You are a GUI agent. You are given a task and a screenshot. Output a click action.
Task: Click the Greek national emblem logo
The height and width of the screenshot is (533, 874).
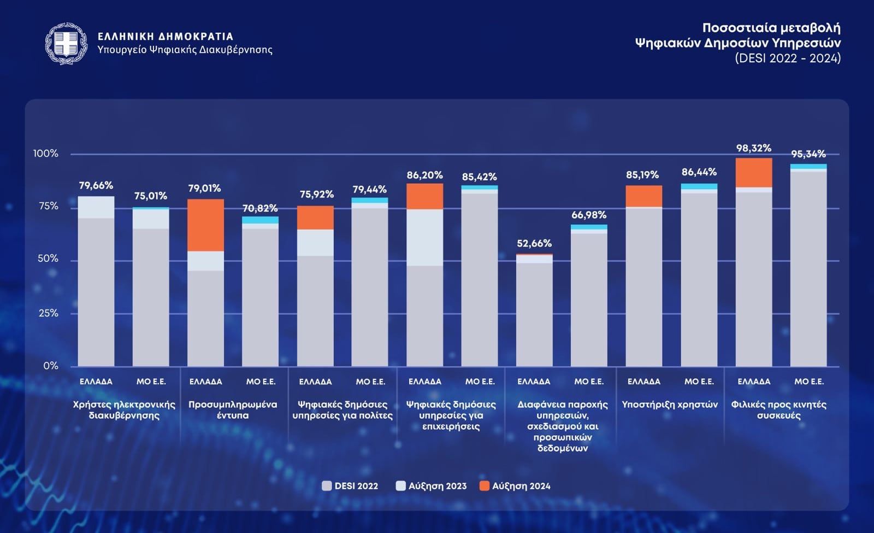tap(66, 44)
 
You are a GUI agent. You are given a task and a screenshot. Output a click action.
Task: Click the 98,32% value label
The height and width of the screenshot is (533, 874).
tap(753, 148)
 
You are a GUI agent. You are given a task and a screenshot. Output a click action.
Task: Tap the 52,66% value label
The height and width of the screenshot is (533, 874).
tap(534, 243)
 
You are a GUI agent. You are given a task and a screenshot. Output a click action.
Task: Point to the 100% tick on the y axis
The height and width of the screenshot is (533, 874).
tap(46, 154)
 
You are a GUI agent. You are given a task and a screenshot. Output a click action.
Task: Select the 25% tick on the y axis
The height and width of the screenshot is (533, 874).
tap(48, 313)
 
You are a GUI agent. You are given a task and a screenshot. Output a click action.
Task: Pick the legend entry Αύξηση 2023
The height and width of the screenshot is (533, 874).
tap(431, 486)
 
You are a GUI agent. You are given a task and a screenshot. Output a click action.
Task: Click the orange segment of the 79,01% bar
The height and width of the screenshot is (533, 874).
tap(205, 225)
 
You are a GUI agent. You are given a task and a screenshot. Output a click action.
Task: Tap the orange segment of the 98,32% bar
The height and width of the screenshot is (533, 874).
tap(754, 173)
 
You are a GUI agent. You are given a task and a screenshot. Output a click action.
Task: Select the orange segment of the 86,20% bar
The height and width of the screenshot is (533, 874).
tap(424, 196)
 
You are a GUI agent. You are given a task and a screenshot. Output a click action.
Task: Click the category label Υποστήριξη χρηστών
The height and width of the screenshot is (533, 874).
tap(670, 405)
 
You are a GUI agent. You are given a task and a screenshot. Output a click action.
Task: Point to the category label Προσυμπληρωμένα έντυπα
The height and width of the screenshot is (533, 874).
tap(233, 410)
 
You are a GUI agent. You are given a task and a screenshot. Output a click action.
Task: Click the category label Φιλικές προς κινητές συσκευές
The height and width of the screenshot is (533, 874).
tap(778, 410)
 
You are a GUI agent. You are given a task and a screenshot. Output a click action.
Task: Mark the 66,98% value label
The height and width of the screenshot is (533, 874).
tap(589, 215)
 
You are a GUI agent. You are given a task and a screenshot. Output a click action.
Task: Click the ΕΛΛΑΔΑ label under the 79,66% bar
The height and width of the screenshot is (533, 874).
tap(96, 382)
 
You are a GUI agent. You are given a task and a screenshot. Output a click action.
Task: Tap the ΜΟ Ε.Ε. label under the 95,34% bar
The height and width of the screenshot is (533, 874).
tap(809, 382)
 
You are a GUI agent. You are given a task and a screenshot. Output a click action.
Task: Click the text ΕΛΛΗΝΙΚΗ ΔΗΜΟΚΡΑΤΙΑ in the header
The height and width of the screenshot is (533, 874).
tap(166, 37)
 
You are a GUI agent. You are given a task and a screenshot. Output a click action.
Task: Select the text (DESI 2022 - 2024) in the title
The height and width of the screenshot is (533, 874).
tap(788, 58)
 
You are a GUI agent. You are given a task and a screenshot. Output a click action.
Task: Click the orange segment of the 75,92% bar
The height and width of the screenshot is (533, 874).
tap(315, 218)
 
